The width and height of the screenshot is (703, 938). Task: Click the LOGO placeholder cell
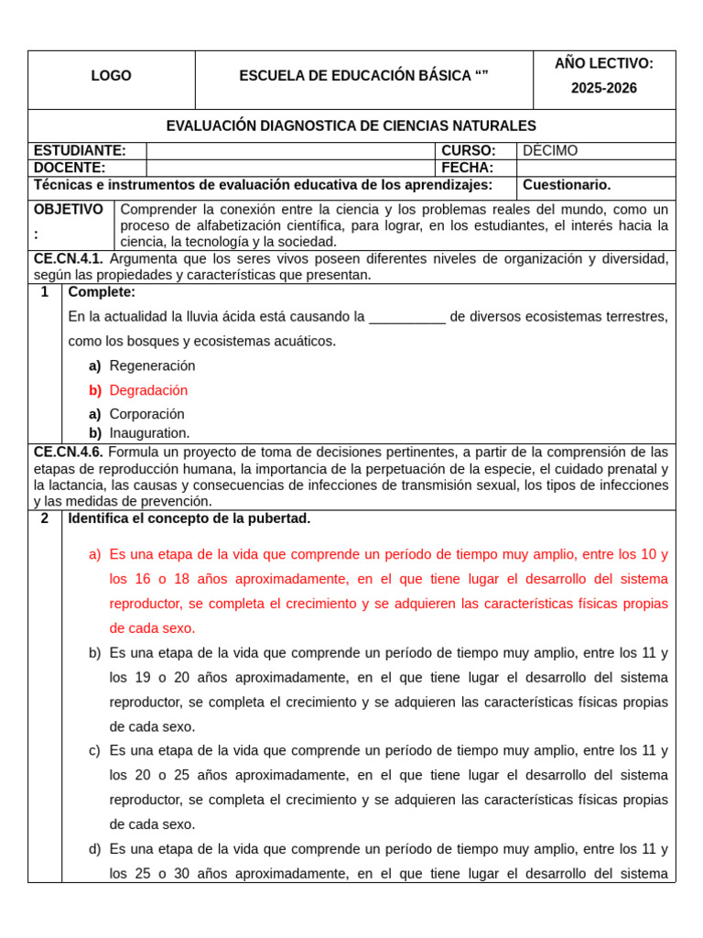(111, 76)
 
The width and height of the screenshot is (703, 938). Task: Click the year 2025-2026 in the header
(603, 89)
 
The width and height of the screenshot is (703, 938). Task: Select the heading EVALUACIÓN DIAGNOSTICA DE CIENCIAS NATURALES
(351, 125)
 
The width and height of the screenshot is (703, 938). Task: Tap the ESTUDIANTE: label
(80, 151)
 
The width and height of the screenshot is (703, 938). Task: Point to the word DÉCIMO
(550, 151)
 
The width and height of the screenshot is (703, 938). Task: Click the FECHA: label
(467, 168)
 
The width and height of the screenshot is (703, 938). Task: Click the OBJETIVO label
(69, 210)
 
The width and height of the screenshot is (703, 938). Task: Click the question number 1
(44, 292)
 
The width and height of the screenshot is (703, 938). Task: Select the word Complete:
(102, 292)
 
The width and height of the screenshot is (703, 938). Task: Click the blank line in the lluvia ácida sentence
(406, 317)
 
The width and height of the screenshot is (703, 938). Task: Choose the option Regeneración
(152, 365)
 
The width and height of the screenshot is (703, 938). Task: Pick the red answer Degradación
(148, 390)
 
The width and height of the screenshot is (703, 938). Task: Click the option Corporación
(146, 414)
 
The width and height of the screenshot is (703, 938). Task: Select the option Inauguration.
(149, 433)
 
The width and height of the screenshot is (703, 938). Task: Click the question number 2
(44, 518)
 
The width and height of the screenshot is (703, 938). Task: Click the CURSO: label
(468, 151)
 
